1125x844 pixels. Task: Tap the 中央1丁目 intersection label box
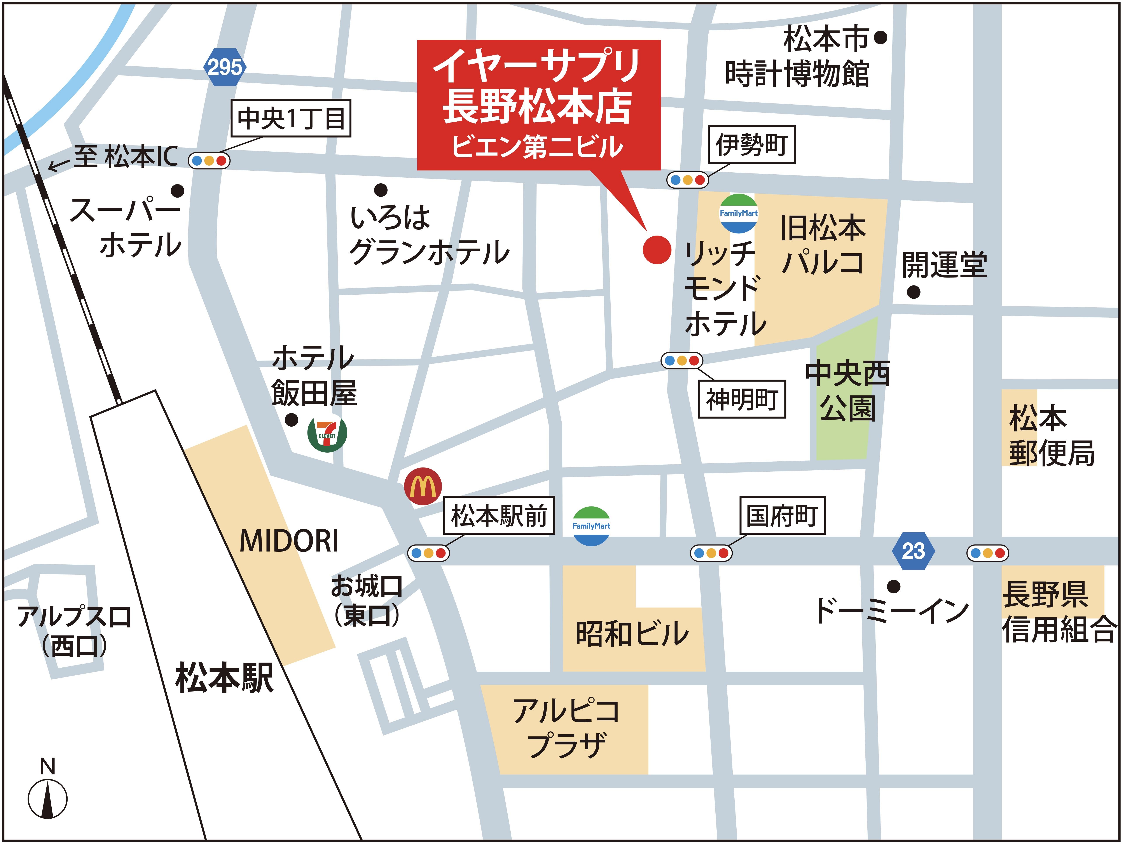click(291, 118)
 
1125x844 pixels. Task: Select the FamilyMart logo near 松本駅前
click(591, 526)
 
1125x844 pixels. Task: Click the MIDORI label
click(289, 541)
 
